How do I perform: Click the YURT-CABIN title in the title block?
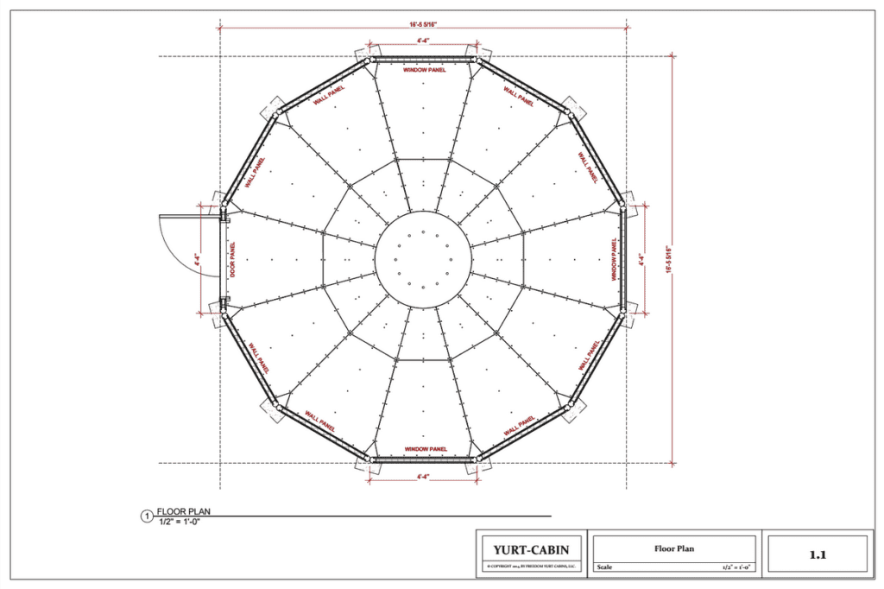tap(531, 549)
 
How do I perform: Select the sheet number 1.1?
tap(818, 554)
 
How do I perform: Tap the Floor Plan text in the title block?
tap(674, 548)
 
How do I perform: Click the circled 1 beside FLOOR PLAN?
tap(146, 516)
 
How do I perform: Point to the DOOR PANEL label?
tap(232, 259)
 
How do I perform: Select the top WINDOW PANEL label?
tap(424, 70)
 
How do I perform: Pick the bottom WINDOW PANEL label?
tap(424, 449)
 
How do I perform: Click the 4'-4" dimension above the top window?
tap(423, 41)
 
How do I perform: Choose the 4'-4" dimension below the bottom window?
tap(423, 477)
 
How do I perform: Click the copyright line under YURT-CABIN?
tap(531, 566)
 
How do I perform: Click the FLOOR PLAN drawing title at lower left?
tap(183, 511)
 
